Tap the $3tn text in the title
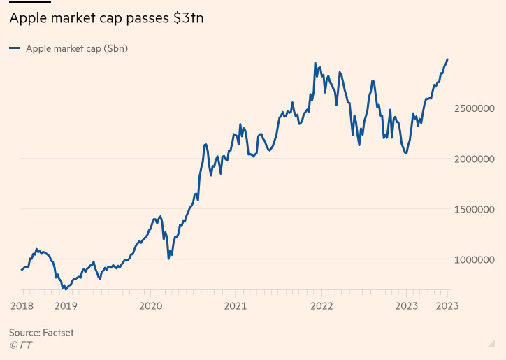point(188,20)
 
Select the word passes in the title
point(145,20)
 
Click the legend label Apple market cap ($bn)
point(76,48)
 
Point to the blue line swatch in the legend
point(14,48)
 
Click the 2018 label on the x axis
point(22,305)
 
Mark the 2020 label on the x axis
point(150,305)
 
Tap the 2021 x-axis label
point(236,305)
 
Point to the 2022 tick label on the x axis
point(321,305)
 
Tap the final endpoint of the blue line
point(447,59)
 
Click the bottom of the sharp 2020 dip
point(168,259)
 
